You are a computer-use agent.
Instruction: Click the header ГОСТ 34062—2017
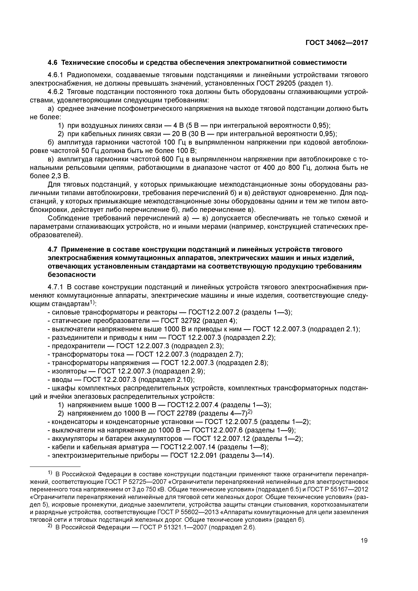pos(337,43)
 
